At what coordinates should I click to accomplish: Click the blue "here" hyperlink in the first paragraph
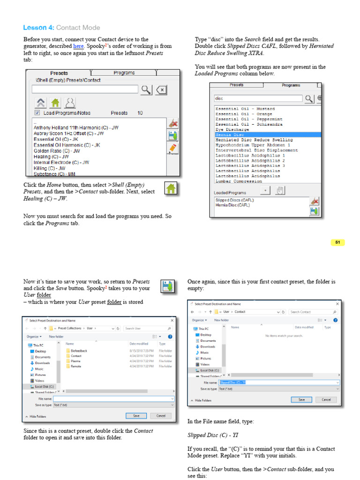[x=78, y=46]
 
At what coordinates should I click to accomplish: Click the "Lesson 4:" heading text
[x=38, y=28]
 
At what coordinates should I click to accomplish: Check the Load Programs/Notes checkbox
[x=37, y=113]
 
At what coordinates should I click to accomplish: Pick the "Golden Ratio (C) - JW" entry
[x=57, y=151]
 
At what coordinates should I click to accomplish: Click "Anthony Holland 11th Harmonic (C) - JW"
[x=76, y=127]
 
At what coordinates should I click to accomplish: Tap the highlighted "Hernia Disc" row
[x=229, y=135]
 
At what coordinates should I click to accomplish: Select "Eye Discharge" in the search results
[x=232, y=129]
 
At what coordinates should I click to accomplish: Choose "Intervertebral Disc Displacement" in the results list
[x=256, y=150]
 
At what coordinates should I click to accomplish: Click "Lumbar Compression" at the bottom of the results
[x=239, y=181]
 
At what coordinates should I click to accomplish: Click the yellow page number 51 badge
[x=337, y=242]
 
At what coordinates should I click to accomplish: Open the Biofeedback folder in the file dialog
[x=79, y=351]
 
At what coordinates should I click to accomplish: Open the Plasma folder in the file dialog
[x=75, y=361]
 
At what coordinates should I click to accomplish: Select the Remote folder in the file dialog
[x=76, y=366]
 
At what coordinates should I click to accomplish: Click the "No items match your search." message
[x=284, y=336]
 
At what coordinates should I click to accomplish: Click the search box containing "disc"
[x=258, y=98]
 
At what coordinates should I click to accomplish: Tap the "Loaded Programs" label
[x=230, y=193]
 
